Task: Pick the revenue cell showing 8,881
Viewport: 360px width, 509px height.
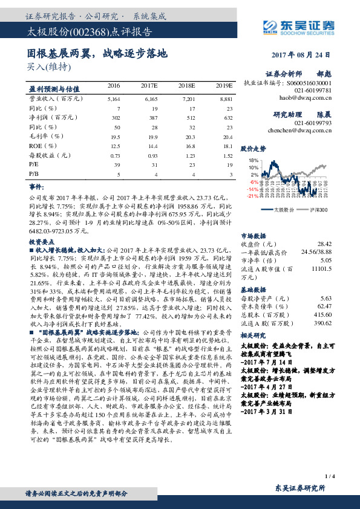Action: [x=226, y=98]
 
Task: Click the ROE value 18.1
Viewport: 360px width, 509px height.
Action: [x=227, y=146]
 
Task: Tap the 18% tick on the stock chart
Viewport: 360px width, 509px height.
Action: [x=254, y=160]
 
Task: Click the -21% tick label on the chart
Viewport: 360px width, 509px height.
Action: [x=252, y=196]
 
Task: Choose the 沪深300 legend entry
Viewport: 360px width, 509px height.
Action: [x=317, y=210]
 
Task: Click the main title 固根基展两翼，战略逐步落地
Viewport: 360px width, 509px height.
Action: [x=97, y=53]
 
